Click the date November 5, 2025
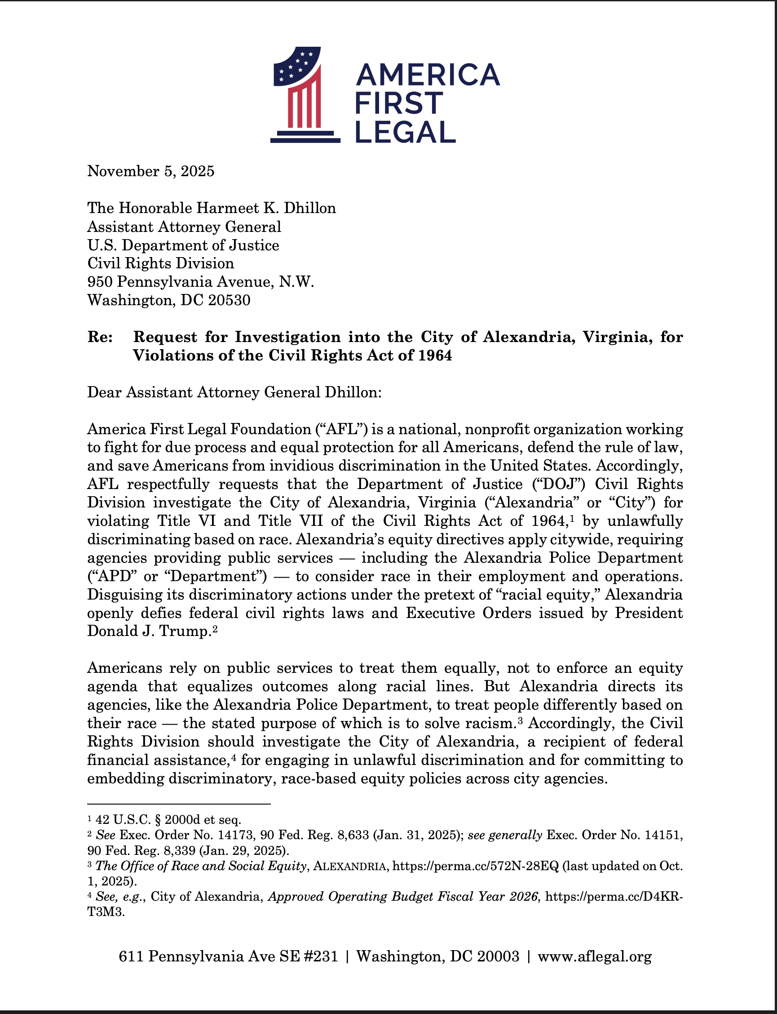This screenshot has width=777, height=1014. pos(151,171)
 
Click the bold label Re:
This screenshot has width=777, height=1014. pos(100,337)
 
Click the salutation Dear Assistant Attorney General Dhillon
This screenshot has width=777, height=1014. pos(234,392)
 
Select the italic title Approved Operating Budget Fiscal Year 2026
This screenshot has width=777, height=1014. pos(403,896)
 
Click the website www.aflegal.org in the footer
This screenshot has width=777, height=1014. pos(594,956)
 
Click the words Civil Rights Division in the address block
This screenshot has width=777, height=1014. pos(160,263)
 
